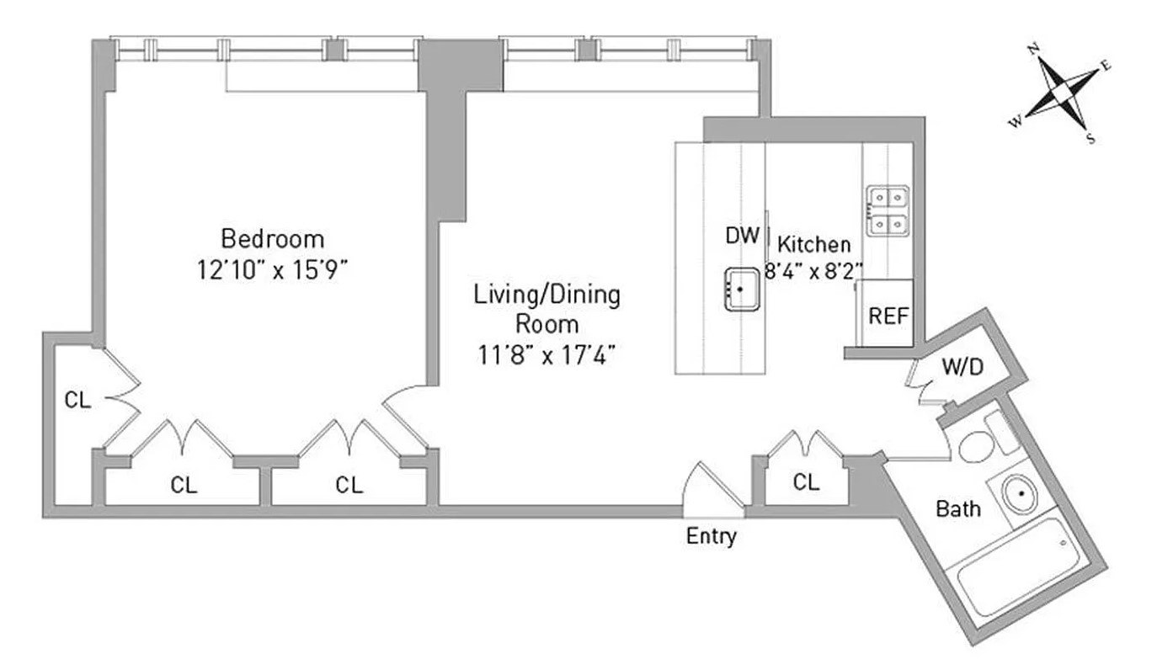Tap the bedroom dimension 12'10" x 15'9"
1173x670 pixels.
tap(271, 269)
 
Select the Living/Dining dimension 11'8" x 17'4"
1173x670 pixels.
tap(547, 354)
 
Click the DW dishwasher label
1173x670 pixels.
tap(743, 236)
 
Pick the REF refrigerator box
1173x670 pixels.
tap(889, 316)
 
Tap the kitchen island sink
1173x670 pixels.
tap(741, 290)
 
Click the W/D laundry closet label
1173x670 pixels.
tap(962, 367)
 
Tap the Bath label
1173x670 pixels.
tap(958, 509)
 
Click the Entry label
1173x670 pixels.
tap(712, 536)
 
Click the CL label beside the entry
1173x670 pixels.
tap(806, 482)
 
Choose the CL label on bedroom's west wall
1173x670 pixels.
tap(77, 401)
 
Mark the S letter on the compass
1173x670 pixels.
tap(1090, 139)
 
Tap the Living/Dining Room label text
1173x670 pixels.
tap(547, 309)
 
